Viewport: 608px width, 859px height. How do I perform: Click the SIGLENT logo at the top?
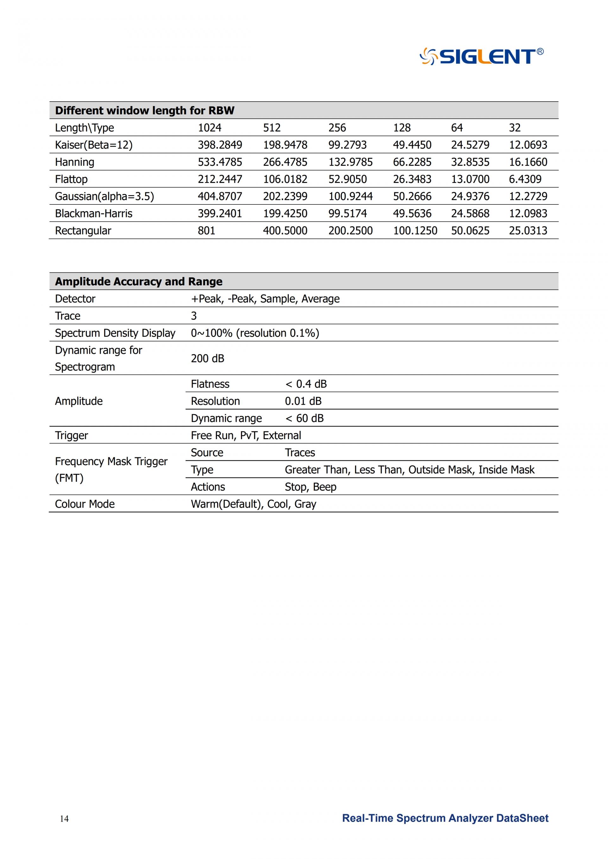[x=481, y=56]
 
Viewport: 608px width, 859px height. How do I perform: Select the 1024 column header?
[x=209, y=128]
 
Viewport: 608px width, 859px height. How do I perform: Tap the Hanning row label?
[x=74, y=162]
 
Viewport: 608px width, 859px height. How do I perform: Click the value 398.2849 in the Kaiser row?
[x=220, y=145]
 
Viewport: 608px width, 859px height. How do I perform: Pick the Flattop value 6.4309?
[x=525, y=179]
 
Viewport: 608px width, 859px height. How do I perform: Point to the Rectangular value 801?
[x=206, y=230]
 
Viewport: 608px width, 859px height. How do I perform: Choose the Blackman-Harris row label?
[x=94, y=213]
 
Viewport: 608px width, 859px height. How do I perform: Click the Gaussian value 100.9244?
[x=351, y=196]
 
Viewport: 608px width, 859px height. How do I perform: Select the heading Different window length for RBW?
[x=144, y=110]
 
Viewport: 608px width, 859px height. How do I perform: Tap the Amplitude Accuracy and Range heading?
[x=138, y=281]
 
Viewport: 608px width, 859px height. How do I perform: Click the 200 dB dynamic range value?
[x=207, y=358]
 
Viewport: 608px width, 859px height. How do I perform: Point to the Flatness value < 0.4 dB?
[x=306, y=384]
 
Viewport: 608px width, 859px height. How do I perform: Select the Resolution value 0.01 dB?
[x=303, y=401]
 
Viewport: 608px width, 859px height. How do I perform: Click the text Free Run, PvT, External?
[x=246, y=435]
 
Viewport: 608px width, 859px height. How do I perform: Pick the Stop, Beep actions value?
[x=310, y=487]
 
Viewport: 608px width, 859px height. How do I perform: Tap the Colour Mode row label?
[x=85, y=504]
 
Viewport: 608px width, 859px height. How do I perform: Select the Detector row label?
[x=75, y=299]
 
